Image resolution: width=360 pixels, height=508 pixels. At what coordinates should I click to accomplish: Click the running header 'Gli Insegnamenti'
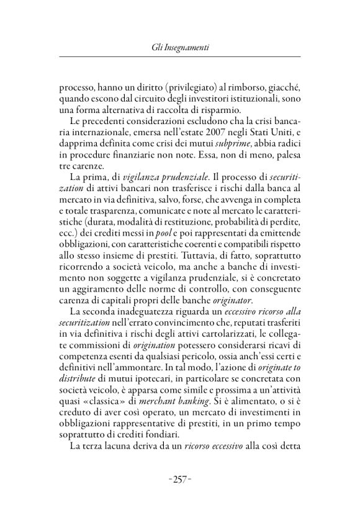coord(180,47)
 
